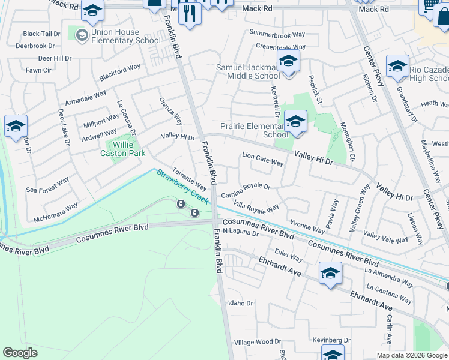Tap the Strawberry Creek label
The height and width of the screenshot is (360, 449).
click(x=182, y=185)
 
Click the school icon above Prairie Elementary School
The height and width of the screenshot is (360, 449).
click(x=295, y=122)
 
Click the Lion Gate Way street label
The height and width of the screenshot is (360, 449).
click(x=262, y=162)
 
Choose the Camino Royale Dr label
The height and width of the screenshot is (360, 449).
click(x=246, y=191)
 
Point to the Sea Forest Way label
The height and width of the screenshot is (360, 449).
click(x=48, y=185)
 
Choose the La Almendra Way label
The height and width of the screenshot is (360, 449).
click(x=389, y=277)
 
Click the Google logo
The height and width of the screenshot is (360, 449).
click(x=20, y=353)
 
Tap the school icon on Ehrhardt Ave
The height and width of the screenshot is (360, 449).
click(x=330, y=273)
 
